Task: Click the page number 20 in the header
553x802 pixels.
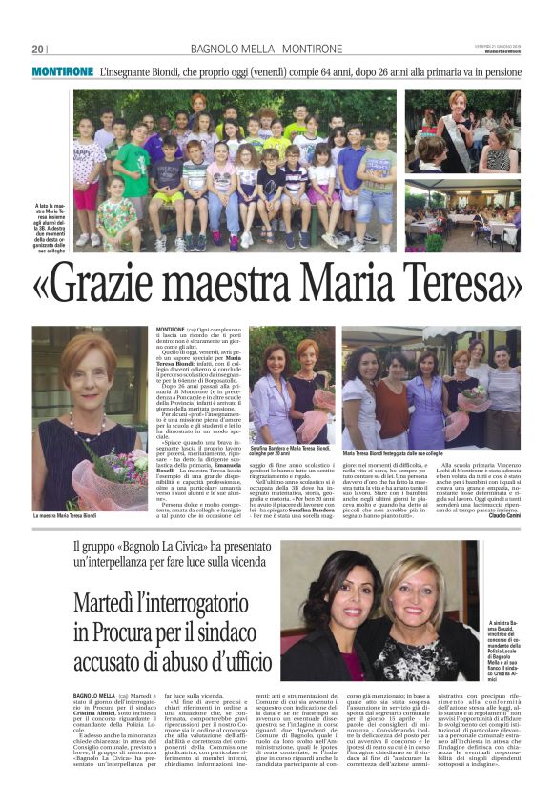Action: point(37,49)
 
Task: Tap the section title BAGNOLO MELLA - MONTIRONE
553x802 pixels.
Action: point(275,49)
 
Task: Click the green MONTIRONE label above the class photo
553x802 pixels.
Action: point(62,71)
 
